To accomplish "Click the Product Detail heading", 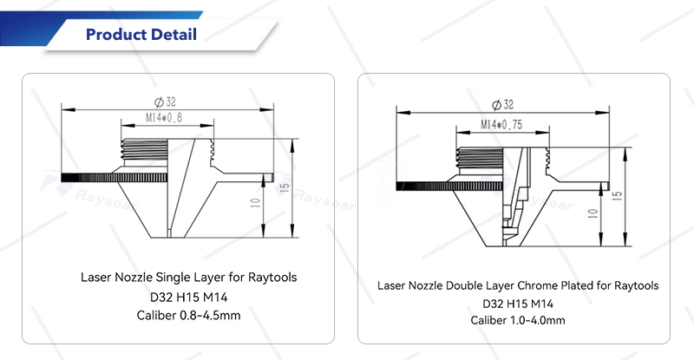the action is [141, 34].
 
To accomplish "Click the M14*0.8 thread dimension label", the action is [164, 118].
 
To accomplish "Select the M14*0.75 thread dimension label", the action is [501, 125].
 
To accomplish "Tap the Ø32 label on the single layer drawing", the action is [165, 102].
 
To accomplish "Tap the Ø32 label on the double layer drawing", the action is [502, 105].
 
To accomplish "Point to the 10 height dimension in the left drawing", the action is [255, 203].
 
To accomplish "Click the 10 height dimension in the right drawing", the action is [593, 214].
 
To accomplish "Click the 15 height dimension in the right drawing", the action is [618, 195].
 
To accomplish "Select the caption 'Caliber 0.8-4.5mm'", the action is [188, 315].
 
